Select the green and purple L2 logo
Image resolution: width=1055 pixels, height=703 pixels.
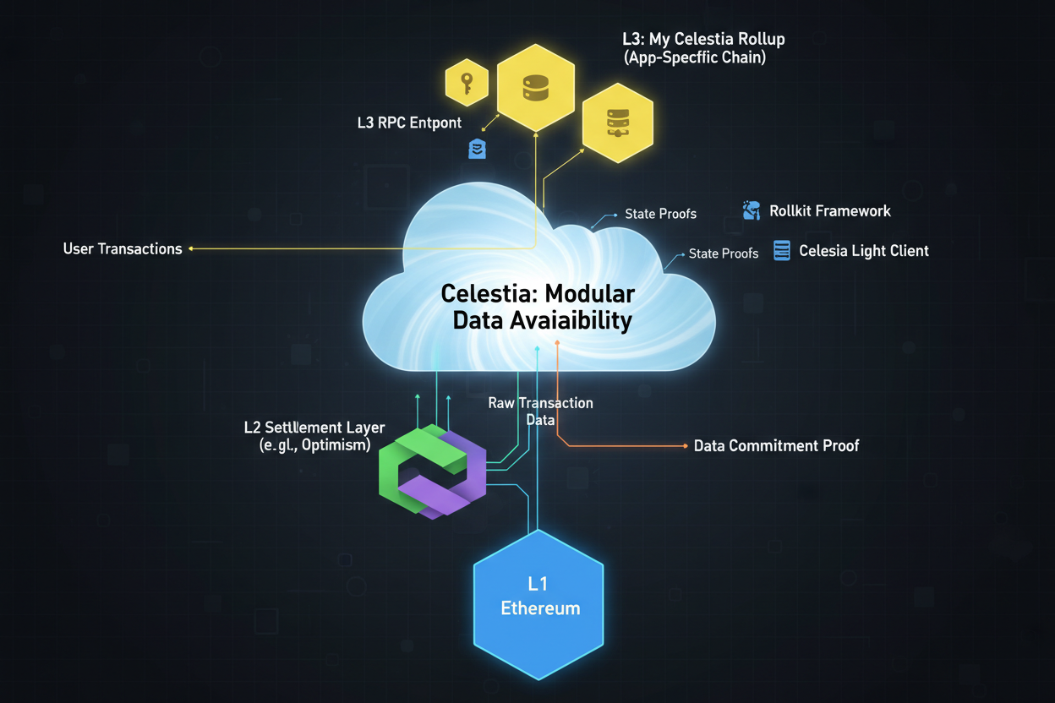(x=432, y=471)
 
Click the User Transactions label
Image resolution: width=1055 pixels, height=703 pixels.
(x=123, y=249)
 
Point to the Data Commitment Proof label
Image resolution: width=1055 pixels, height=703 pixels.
(x=776, y=445)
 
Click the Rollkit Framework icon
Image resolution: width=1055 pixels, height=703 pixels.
(x=751, y=210)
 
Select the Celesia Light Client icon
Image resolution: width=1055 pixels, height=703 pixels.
(x=782, y=250)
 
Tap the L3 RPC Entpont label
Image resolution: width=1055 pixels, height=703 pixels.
(x=409, y=123)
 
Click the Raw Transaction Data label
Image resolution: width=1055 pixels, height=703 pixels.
(x=541, y=411)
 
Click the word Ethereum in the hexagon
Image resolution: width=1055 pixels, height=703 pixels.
(x=540, y=608)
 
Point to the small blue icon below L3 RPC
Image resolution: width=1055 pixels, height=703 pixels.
(x=477, y=150)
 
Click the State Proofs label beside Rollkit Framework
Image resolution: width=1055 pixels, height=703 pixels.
(x=660, y=214)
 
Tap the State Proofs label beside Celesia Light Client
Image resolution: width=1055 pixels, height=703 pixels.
(x=724, y=253)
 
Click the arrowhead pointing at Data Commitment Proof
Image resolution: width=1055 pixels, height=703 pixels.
(x=684, y=445)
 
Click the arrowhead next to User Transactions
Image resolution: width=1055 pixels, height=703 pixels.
(x=192, y=249)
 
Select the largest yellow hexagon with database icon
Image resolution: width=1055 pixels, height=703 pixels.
(x=535, y=88)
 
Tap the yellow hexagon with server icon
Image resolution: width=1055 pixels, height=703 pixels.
(x=617, y=123)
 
